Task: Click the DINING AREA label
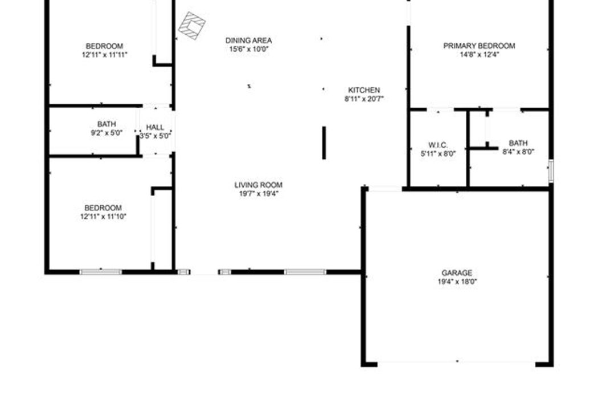click(x=249, y=40)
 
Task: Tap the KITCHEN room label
click(x=364, y=90)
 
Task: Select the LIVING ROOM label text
click(x=259, y=185)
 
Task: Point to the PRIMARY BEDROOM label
click(x=479, y=46)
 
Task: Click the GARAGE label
click(x=457, y=273)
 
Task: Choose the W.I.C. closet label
click(x=438, y=145)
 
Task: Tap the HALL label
click(x=155, y=127)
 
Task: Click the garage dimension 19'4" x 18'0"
click(x=457, y=282)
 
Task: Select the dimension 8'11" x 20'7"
click(x=364, y=99)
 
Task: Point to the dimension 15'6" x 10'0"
click(x=249, y=49)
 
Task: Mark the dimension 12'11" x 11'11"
click(x=104, y=55)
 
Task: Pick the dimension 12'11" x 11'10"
click(x=103, y=217)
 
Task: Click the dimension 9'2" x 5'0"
click(x=107, y=133)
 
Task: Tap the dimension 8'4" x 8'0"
click(x=518, y=152)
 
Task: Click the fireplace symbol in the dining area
click(x=192, y=26)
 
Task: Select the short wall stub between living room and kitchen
click(x=324, y=143)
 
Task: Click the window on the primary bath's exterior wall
click(x=551, y=170)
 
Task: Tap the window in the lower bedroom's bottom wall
click(x=101, y=272)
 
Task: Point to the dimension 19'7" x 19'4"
click(x=259, y=194)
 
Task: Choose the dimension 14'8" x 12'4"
click(x=480, y=55)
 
